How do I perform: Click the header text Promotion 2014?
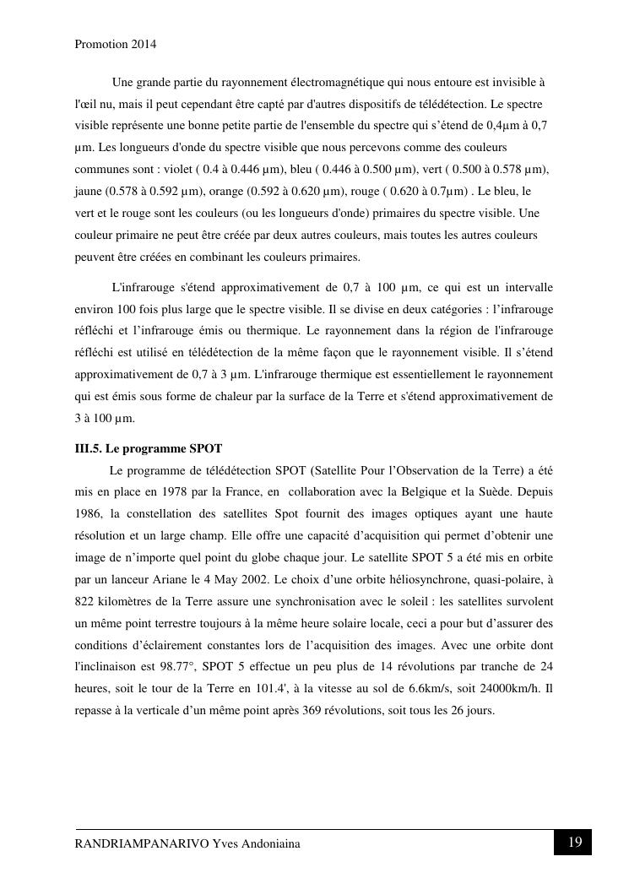[x=116, y=43]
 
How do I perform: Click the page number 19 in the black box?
[x=574, y=842]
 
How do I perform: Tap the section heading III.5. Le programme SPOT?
[x=149, y=448]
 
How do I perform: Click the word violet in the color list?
[x=175, y=169]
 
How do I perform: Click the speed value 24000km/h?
[x=506, y=689]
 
